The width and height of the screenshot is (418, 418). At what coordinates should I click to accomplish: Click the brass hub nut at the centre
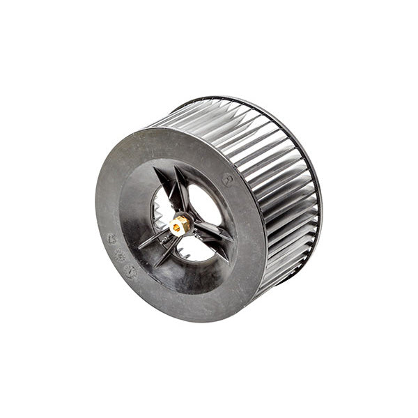(179, 224)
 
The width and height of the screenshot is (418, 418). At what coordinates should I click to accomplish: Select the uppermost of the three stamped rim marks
(112, 238)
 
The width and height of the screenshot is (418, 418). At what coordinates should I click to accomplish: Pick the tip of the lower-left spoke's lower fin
(154, 268)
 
